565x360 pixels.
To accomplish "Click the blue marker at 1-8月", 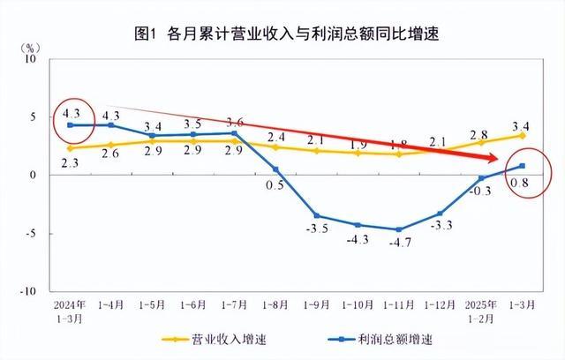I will pyautogui.click(x=275, y=169).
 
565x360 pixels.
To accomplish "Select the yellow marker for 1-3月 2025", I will pyautogui.click(x=523, y=135).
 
